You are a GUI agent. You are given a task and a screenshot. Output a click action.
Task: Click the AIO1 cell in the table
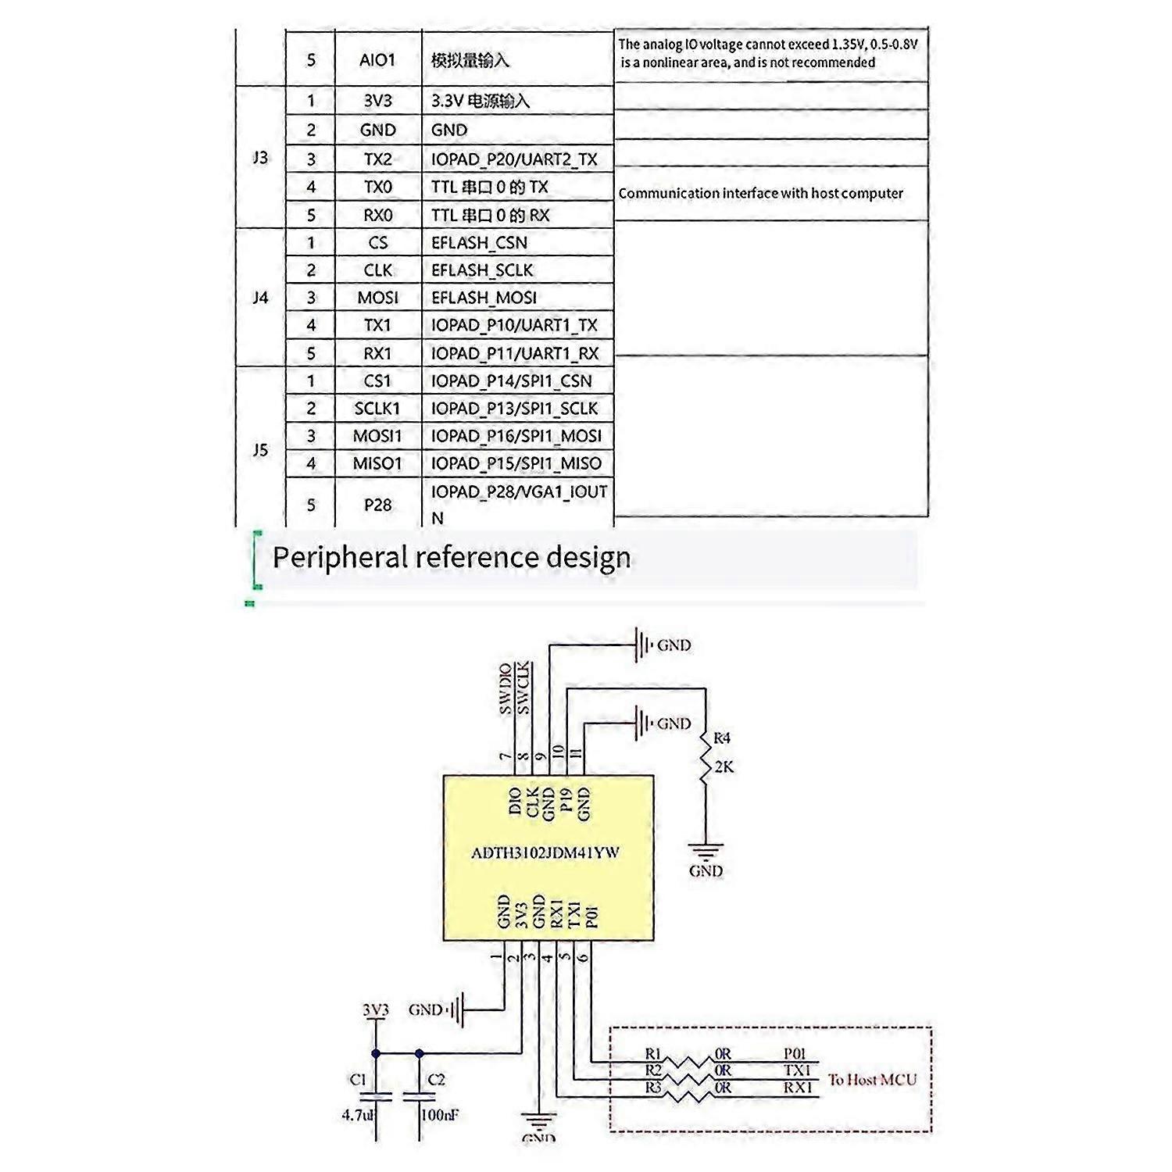(x=377, y=60)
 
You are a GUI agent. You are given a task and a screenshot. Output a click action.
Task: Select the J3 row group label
(x=260, y=158)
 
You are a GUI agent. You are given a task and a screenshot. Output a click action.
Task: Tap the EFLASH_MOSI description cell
(x=484, y=298)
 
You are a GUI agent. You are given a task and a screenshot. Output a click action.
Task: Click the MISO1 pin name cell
(x=377, y=463)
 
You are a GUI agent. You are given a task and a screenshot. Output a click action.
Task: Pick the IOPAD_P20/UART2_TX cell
(x=514, y=159)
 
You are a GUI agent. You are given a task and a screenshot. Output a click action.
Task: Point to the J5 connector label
(x=260, y=450)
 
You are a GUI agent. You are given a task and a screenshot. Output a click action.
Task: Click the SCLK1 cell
(x=377, y=409)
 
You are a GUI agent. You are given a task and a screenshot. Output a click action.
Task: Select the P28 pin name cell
(x=377, y=505)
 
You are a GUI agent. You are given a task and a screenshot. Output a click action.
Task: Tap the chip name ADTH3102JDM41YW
(x=545, y=852)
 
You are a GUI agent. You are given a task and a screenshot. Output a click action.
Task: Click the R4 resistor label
(x=722, y=738)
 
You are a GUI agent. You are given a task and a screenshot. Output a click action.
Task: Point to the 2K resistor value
(x=724, y=767)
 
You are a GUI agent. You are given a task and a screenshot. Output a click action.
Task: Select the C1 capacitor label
(x=358, y=1079)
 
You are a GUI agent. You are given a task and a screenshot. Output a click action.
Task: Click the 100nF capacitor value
(x=439, y=1115)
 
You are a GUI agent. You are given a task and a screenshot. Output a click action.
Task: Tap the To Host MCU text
(x=872, y=1080)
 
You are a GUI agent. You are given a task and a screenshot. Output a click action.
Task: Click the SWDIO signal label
(x=506, y=688)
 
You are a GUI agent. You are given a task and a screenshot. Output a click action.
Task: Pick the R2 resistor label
(x=653, y=1070)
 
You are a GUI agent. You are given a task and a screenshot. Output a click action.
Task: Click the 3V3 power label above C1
(x=376, y=1009)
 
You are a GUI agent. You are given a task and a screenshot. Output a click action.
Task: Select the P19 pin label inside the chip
(x=566, y=802)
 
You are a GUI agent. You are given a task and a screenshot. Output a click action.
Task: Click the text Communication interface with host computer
(x=760, y=193)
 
